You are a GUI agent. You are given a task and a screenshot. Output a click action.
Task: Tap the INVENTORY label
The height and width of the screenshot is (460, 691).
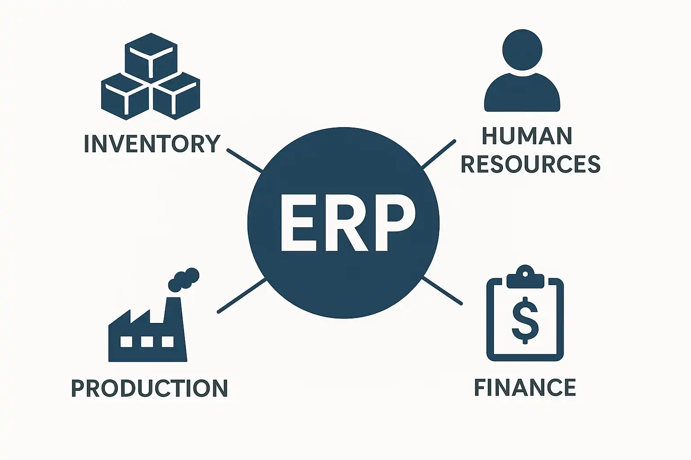pyautogui.click(x=152, y=144)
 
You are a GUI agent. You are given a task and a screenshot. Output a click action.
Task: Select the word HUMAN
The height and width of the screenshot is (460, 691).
pyautogui.click(x=527, y=136)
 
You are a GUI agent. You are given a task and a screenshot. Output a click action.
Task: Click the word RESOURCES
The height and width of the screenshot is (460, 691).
pyautogui.click(x=530, y=164)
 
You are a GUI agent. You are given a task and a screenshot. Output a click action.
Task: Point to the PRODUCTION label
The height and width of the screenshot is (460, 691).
pyautogui.click(x=149, y=389)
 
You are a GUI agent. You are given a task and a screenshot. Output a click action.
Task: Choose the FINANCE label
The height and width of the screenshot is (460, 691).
pyautogui.click(x=525, y=388)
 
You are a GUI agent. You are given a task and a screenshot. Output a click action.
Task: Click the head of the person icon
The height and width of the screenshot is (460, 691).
pyautogui.click(x=522, y=49)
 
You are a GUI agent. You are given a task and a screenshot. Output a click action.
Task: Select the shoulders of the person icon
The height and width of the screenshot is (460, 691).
pyautogui.click(x=522, y=94)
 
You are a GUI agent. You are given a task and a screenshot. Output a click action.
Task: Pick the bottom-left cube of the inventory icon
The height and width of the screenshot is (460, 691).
pyautogui.click(x=125, y=97)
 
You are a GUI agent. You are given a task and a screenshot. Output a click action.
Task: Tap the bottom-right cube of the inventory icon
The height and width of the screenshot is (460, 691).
pyautogui.click(x=176, y=97)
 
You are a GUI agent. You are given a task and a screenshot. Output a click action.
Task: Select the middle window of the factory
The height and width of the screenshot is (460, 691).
pyautogui.click(x=147, y=342)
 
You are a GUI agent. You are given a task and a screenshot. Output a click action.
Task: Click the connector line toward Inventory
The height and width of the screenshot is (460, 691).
pyautogui.click(x=245, y=160)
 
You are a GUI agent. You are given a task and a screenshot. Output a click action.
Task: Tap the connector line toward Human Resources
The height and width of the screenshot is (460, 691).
pyautogui.click(x=439, y=154)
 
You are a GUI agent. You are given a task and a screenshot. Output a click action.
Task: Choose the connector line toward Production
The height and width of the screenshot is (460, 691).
pyautogui.click(x=242, y=296)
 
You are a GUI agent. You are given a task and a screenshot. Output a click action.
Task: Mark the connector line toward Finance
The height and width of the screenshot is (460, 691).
pyautogui.click(x=442, y=291)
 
